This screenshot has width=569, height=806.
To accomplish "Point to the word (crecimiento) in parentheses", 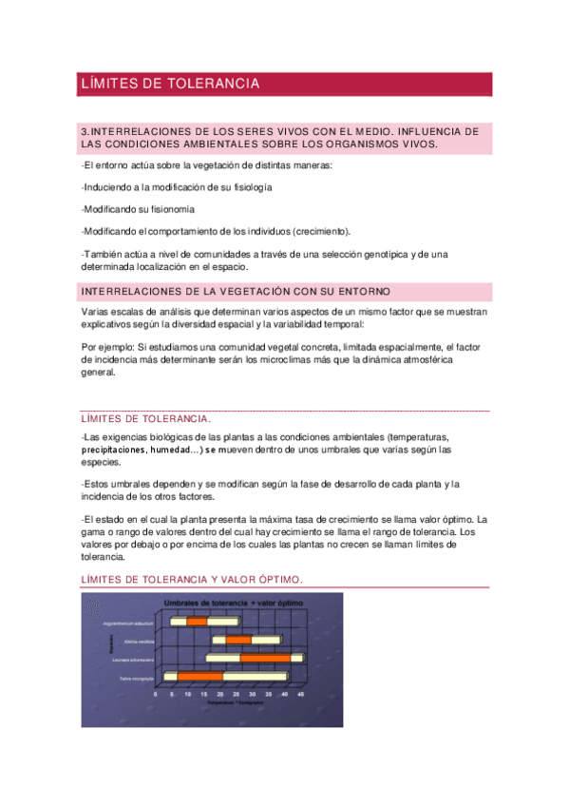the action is [320, 231].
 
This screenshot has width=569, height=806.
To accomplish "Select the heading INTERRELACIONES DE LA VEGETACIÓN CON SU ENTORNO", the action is [236, 290].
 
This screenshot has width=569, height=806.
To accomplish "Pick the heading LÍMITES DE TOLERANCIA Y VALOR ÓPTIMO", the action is [192, 579].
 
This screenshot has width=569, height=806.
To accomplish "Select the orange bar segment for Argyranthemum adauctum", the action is [197, 622].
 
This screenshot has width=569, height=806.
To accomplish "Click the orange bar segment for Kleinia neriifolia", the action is [238, 640].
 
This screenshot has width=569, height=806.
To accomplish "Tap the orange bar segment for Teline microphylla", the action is [199, 676].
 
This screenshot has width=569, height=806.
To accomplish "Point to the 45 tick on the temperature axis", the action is [301, 695].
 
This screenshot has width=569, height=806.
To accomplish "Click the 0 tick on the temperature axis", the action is [156, 695].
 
